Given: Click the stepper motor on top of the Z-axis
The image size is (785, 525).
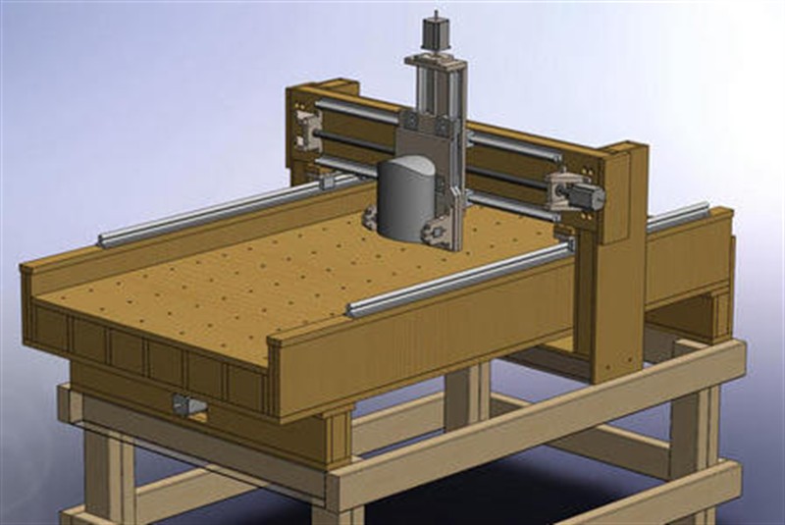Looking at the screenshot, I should coord(432,31).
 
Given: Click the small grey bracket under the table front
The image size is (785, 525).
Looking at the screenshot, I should coord(187,404).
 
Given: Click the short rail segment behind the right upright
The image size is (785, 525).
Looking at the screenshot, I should coord(677,216).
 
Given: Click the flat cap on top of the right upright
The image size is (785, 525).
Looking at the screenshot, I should coord(624,149).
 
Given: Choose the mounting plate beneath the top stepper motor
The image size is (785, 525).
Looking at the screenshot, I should coord(432,58).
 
